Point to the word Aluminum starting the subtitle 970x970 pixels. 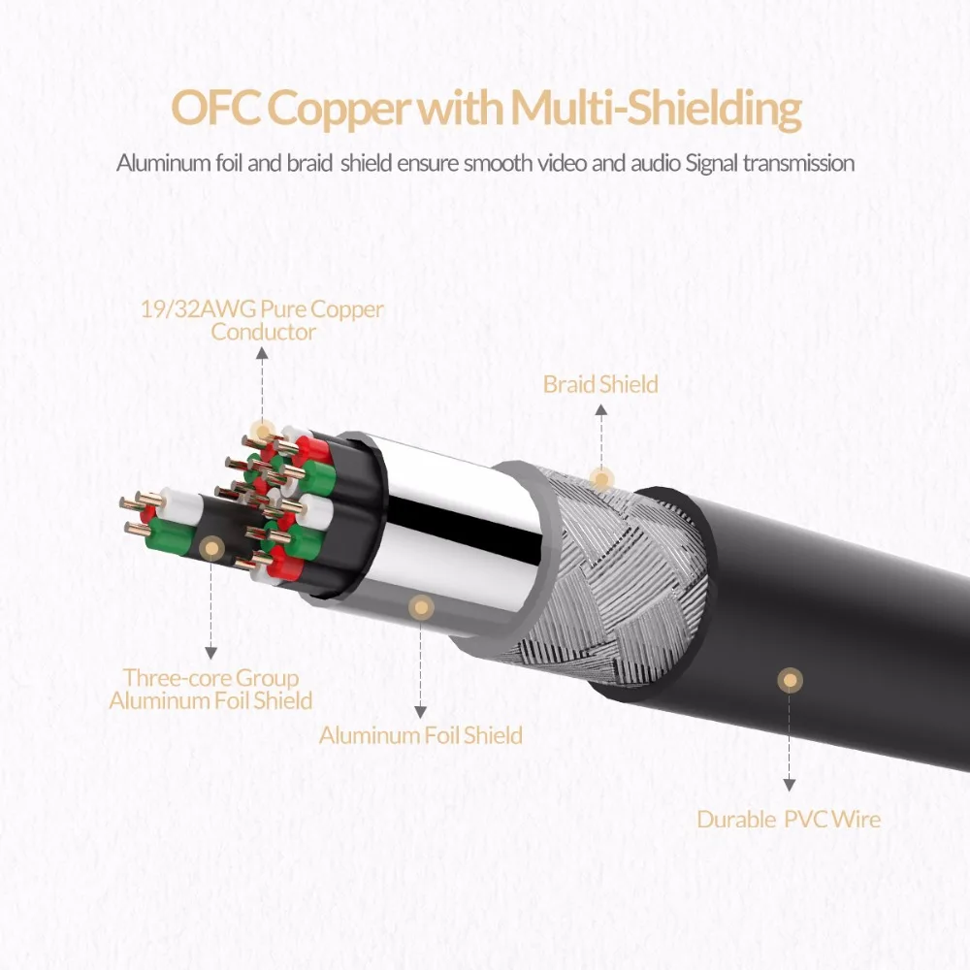pyautogui.click(x=159, y=162)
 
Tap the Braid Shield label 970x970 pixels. pyautogui.click(x=600, y=384)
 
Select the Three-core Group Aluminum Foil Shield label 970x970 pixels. pyautogui.click(x=210, y=689)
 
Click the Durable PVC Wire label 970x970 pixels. pyautogui.click(x=789, y=820)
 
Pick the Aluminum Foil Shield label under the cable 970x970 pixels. pyautogui.click(x=420, y=735)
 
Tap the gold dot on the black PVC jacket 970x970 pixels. pyautogui.click(x=791, y=680)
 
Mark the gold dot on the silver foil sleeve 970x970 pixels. pyautogui.click(x=420, y=608)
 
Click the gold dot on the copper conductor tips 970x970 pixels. pyautogui.click(x=261, y=432)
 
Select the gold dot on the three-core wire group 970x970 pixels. pyautogui.click(x=210, y=548)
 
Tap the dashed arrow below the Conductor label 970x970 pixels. pyautogui.click(x=261, y=383)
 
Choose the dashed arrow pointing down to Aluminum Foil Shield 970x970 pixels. pyautogui.click(x=420, y=669)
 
